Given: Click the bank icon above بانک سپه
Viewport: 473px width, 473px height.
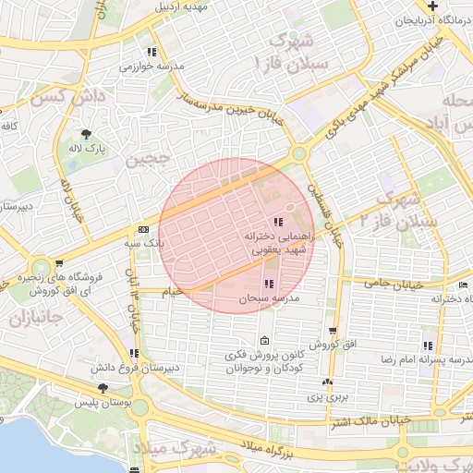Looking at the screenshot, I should click(143, 229).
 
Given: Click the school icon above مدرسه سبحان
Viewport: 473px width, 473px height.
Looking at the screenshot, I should click(269, 284).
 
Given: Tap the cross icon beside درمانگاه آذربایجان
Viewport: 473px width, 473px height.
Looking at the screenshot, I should click(458, 6).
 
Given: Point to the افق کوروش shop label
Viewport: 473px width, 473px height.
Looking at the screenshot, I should click(327, 345).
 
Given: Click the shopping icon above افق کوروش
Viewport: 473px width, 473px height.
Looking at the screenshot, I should click(331, 331).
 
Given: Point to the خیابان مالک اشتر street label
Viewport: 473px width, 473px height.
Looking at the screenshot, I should click(380, 423).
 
